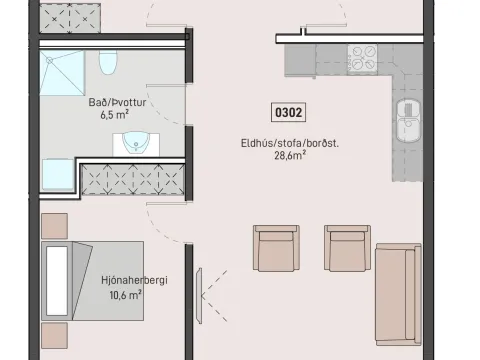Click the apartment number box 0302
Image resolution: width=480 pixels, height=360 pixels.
pos(288,112)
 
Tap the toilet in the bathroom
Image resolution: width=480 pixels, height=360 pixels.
pos(108,62)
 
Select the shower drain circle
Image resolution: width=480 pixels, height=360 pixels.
pos(50,60)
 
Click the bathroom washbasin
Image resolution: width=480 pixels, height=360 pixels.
pos(136,142)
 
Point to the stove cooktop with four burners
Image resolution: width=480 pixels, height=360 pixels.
pos(363,59)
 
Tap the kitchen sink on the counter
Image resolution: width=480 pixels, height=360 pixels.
pos(408,120)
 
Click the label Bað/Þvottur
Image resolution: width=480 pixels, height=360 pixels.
pos(117,102)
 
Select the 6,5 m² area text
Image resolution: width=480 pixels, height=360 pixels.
pos(114,115)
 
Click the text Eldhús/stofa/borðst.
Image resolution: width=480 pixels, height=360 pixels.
pos(290,143)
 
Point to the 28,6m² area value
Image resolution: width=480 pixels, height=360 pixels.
pos(290,155)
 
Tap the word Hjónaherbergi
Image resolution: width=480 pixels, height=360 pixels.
pos(134,280)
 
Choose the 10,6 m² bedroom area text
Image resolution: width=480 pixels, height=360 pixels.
pos(125,295)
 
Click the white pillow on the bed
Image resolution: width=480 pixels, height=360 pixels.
pos(57,281)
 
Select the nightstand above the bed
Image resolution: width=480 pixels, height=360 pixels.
pos(55,226)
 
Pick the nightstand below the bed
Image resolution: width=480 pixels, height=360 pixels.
pos(55,335)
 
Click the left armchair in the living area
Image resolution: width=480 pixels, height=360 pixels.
pos(276,248)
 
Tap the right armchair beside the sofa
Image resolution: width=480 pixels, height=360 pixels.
pos(347,248)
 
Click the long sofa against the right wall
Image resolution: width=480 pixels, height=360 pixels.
pos(398,294)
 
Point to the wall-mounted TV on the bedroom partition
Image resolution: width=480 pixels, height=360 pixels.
pos(199,296)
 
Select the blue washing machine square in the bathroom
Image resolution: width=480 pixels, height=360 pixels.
pos(58,175)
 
